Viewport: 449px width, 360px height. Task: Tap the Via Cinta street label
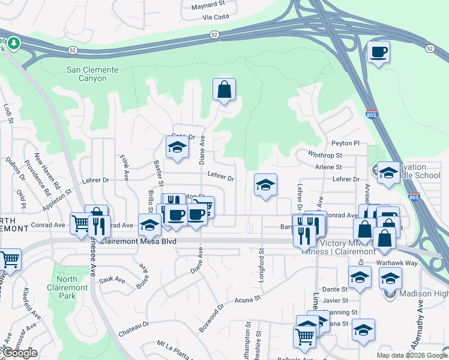pyautogui.click(x=215, y=17)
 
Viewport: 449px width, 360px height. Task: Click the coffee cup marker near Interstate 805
pyautogui.click(x=378, y=53)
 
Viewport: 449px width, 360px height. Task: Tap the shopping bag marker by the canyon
pyautogui.click(x=224, y=90)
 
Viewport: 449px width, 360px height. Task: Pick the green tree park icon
pyautogui.click(x=13, y=44)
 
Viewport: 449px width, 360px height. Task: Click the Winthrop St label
pyautogui.click(x=325, y=155)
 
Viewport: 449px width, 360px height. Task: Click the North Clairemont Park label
pyautogui.click(x=71, y=283)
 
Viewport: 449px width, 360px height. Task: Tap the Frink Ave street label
pyautogui.click(x=125, y=167)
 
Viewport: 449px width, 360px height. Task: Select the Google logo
pyautogui.click(x=20, y=353)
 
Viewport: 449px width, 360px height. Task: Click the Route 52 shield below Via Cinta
pyautogui.click(x=214, y=35)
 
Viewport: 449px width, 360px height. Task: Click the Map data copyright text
pyautogui.click(x=411, y=355)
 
